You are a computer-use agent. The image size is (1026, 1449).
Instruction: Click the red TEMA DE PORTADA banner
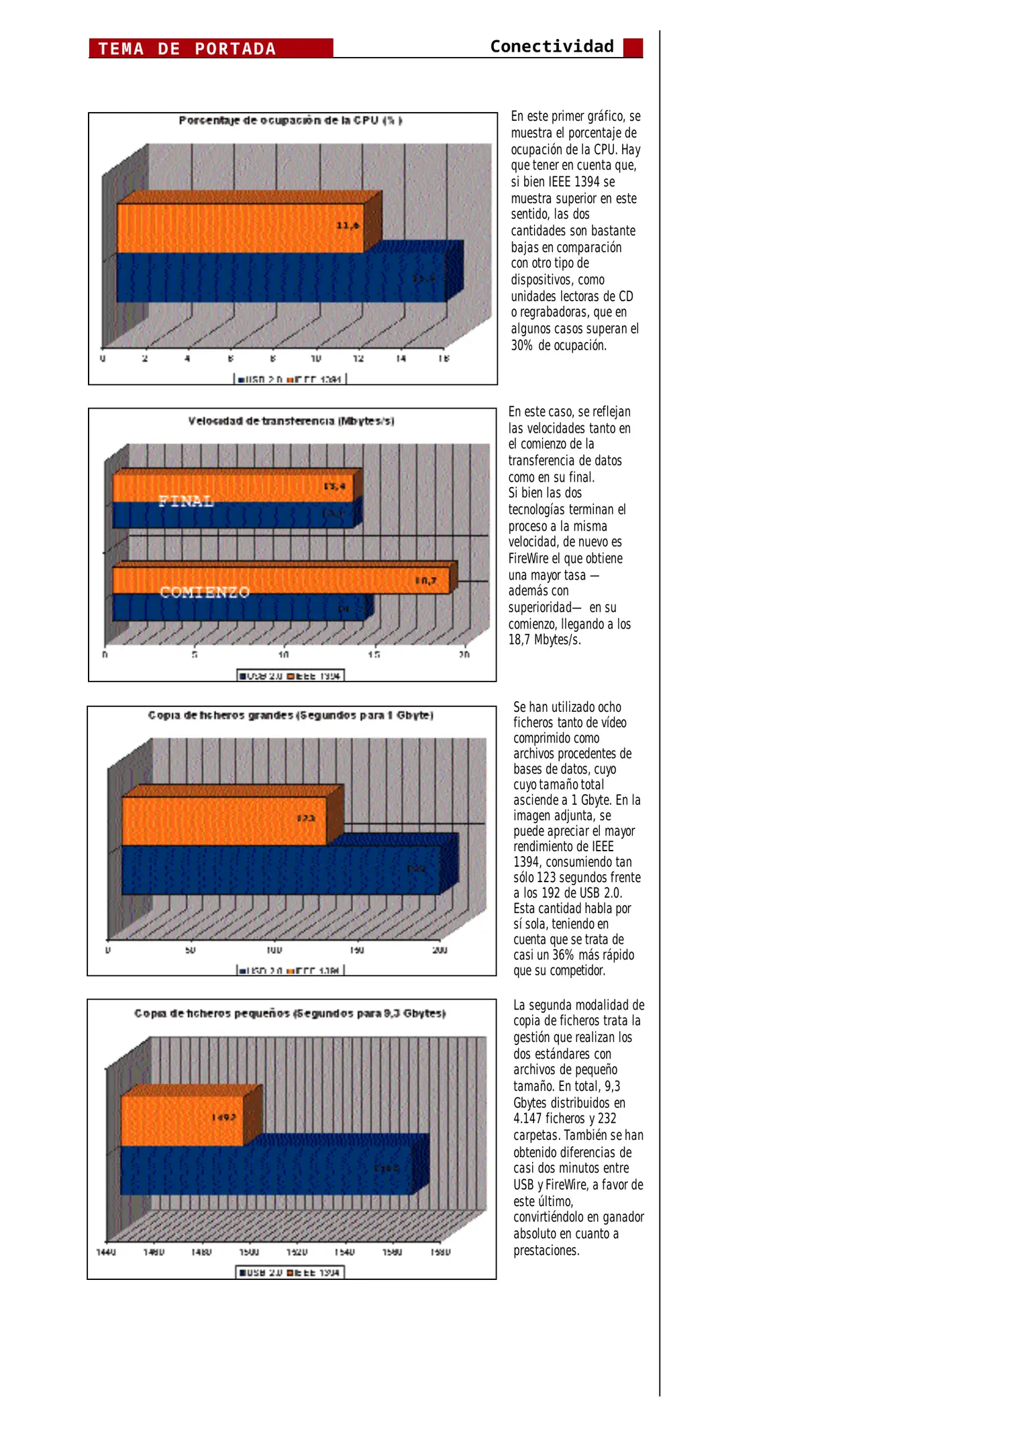211,48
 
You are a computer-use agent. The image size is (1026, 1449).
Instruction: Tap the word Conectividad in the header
552,46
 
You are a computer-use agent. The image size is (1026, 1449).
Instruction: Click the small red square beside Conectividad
632,48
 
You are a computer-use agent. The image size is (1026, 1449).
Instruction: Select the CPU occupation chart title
290,121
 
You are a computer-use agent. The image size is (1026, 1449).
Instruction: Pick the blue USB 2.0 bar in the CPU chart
280,278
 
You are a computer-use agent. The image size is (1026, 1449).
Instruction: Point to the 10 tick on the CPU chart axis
315,359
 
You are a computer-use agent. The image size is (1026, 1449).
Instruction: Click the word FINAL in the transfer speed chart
186,501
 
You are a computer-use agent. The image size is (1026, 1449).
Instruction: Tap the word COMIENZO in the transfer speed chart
204,592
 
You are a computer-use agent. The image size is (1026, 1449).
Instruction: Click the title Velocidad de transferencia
291,421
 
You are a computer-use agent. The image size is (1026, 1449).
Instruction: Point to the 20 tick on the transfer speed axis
464,655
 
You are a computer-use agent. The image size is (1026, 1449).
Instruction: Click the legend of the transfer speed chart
291,676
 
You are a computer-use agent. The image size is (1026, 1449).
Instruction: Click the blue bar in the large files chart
280,870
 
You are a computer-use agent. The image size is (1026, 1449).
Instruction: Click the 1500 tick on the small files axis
249,1252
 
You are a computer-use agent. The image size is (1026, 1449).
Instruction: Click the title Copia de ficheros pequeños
290,1014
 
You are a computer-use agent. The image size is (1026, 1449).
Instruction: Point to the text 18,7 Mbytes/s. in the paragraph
544,640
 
